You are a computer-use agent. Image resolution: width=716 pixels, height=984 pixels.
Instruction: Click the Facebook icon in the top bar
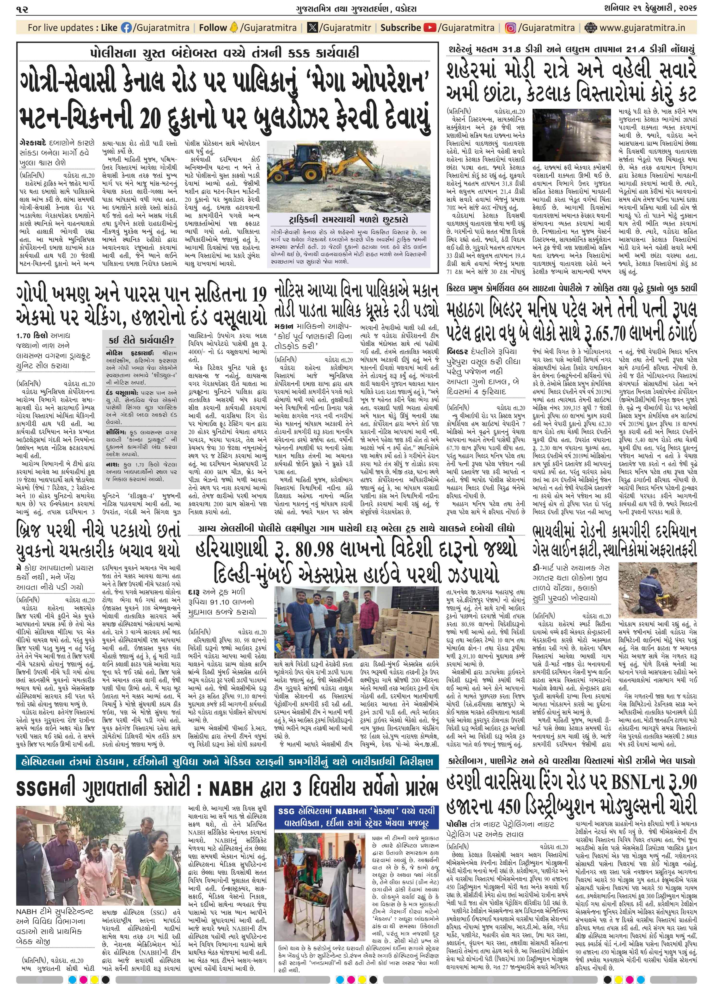pos(127,28)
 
